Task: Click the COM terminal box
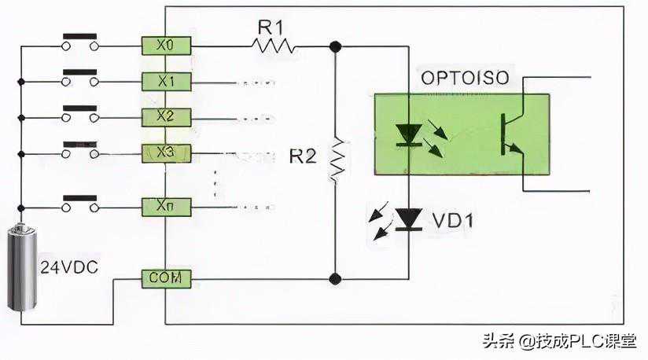pyautogui.click(x=165, y=277)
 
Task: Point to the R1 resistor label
pyautogui.click(x=271, y=27)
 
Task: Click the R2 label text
pyautogui.click(x=303, y=156)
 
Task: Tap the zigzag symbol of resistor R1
pyautogui.click(x=274, y=46)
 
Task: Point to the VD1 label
pyautogui.click(x=453, y=221)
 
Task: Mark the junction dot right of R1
pyautogui.click(x=337, y=46)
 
